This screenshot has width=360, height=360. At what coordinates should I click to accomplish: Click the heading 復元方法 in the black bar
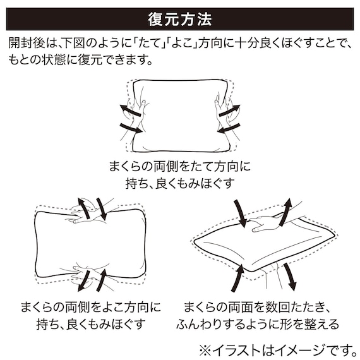(x=179, y=19)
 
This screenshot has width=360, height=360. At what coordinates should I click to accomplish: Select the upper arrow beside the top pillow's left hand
(x=129, y=111)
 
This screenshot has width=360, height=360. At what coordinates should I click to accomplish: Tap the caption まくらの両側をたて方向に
(x=179, y=167)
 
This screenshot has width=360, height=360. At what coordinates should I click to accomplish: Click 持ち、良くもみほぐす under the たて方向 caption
(x=179, y=184)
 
